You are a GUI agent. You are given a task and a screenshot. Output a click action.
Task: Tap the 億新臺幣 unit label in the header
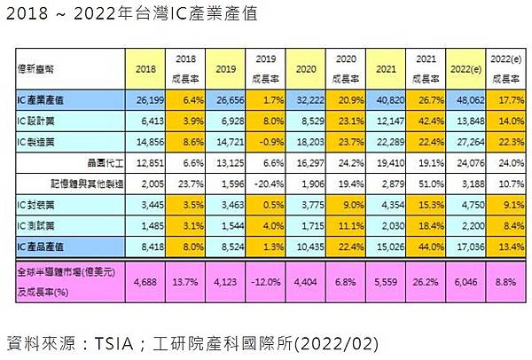(x=34, y=67)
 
